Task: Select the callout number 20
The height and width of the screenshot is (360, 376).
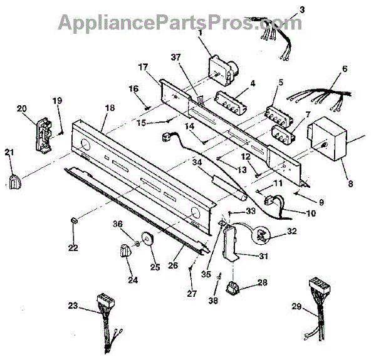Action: tap(21, 107)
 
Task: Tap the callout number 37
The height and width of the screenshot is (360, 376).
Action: tap(176, 57)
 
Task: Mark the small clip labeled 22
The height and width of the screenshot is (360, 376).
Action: tap(74, 220)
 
